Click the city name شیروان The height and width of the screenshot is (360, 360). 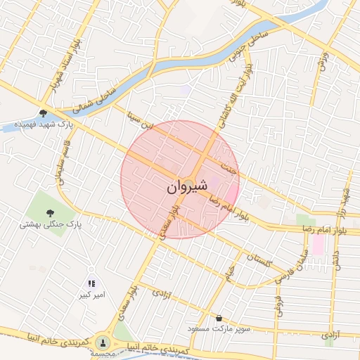click(187, 188)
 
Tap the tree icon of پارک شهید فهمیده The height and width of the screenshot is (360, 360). click(43, 112)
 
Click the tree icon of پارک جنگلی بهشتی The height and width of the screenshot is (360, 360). click(50, 212)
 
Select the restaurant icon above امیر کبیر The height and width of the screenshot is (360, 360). click(92, 283)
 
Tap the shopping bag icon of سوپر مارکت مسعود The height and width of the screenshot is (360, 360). click(220, 318)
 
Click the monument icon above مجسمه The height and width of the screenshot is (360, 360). click(103, 342)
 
